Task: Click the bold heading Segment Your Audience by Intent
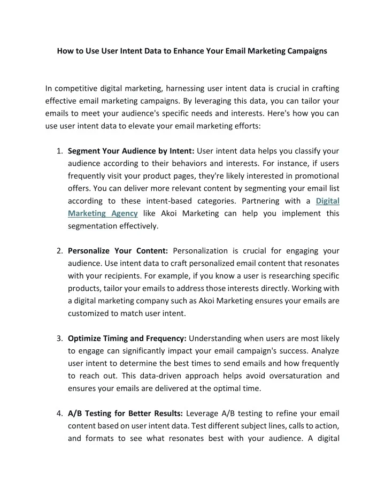click(x=131, y=151)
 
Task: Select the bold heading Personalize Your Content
click(x=118, y=250)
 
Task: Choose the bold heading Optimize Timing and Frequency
click(x=127, y=338)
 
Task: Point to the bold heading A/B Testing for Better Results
click(x=126, y=413)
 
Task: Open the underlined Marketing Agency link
click(x=103, y=213)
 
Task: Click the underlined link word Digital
click(x=328, y=201)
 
